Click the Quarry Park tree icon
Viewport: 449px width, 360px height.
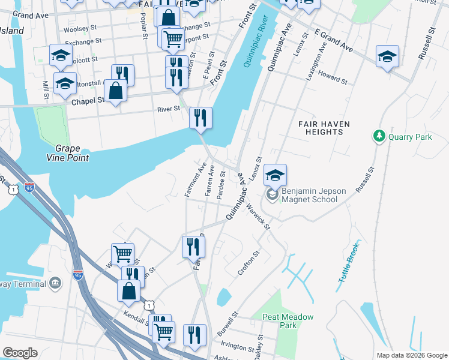tap(379, 137)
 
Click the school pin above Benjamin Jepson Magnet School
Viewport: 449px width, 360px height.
tap(275, 175)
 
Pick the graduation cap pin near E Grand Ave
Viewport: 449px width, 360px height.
tap(387, 57)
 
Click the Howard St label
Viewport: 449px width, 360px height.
tap(333, 78)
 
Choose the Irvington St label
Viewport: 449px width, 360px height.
tap(238, 347)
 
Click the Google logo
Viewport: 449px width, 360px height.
tap(20, 353)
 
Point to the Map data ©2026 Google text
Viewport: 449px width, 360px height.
tap(411, 355)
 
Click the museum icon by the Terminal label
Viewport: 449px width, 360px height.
tap(55, 282)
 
